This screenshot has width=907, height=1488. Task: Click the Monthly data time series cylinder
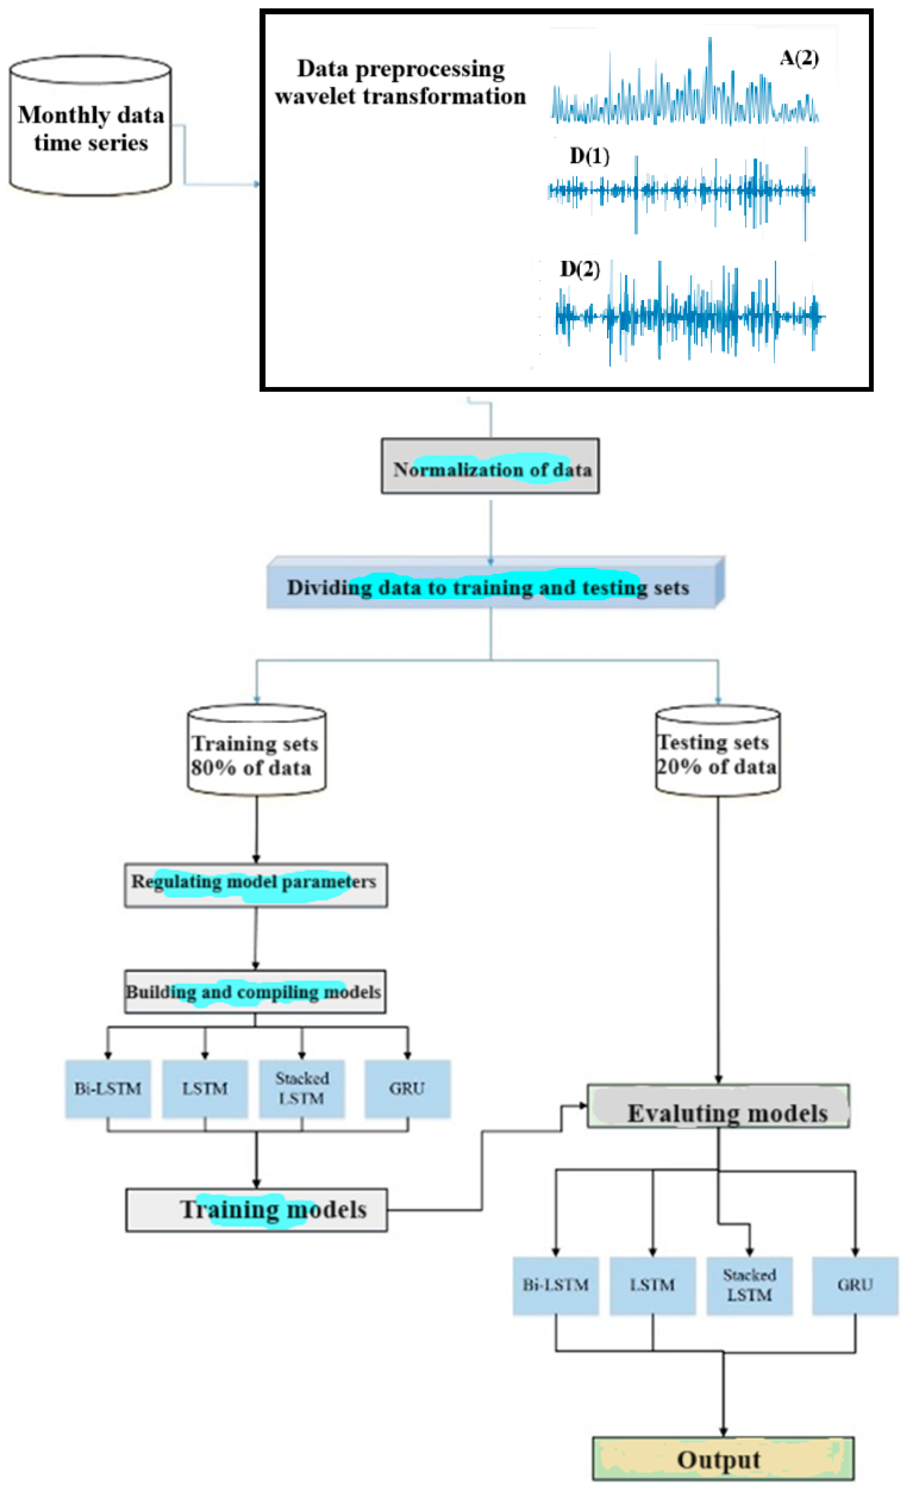pyautogui.click(x=90, y=127)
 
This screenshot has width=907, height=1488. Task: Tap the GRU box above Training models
pyautogui.click(x=407, y=1088)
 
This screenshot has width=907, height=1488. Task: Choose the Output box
pyautogui.click(x=723, y=1459)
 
